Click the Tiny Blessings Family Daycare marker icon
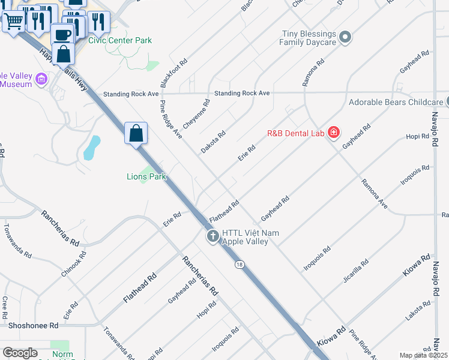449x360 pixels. (x=345, y=38)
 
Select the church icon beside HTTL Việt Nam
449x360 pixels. (x=212, y=236)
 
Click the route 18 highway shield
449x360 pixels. (x=240, y=265)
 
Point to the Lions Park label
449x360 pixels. (x=146, y=176)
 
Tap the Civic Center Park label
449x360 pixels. (x=120, y=40)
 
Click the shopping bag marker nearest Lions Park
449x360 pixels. (x=136, y=133)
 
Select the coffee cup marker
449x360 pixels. (x=62, y=34)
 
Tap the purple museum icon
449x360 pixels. (x=41, y=79)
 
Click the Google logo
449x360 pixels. (x=20, y=353)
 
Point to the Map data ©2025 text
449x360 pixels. (x=424, y=355)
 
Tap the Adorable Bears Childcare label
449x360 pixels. (x=396, y=102)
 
